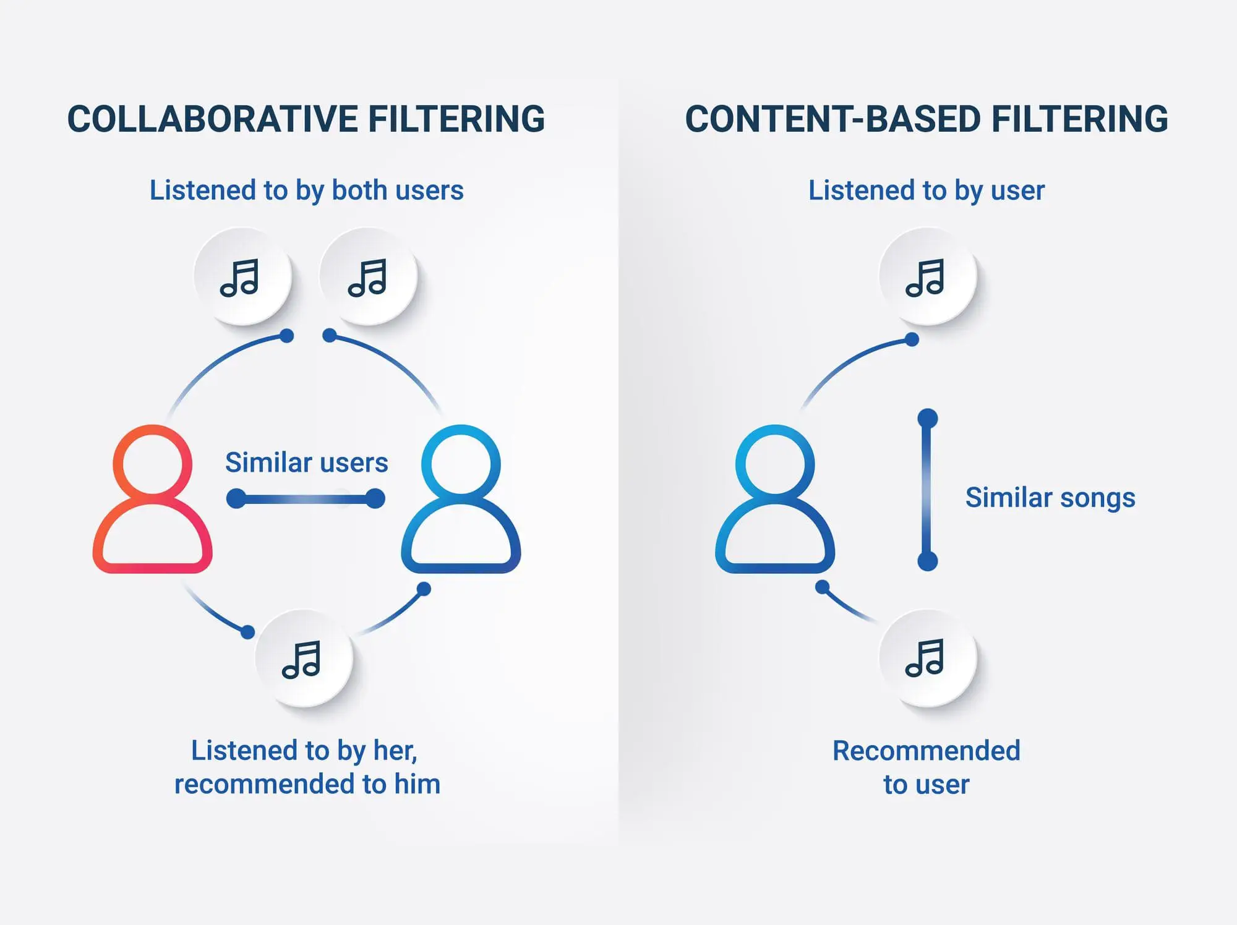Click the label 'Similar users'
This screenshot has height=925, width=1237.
pos(306,462)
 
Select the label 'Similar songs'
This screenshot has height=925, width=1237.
pos(1050,497)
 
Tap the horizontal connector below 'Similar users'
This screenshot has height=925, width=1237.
pos(306,498)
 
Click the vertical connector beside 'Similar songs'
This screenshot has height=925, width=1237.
pos(927,490)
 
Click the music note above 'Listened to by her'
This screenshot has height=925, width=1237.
pos(303,659)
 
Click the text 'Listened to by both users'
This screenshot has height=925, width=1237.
pos(306,190)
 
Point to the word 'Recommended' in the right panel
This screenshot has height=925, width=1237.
pos(926,751)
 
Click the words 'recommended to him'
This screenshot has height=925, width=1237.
pos(307,784)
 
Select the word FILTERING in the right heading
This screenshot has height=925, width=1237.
pos(1079,119)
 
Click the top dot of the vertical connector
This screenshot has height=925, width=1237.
pos(927,419)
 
